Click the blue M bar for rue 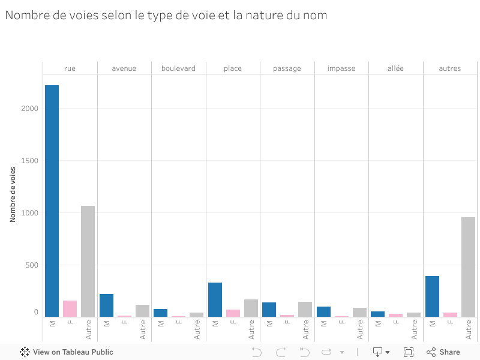[52, 201]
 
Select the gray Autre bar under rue [88, 261]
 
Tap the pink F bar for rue [70, 308]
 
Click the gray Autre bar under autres [468, 267]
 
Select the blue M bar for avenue [106, 305]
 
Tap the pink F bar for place [233, 313]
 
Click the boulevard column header [178, 68]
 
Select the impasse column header [341, 68]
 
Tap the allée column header [395, 68]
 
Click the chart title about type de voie [166, 16]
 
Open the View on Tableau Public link [67, 352]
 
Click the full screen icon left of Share [409, 352]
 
